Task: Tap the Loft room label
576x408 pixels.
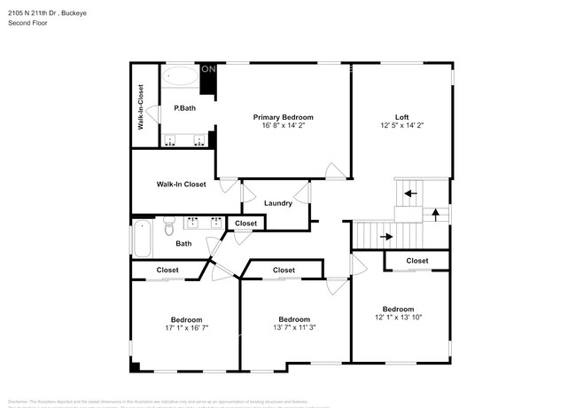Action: (402, 117)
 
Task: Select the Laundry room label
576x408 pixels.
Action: (277, 203)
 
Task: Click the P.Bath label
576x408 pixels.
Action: (184, 108)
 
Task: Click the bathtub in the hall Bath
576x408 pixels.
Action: (142, 237)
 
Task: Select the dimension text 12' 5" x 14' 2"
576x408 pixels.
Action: (402, 126)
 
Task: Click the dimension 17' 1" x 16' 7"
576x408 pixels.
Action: (186, 328)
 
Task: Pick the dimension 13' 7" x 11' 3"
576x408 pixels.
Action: (294, 328)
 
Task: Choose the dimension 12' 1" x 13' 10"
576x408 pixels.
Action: (398, 317)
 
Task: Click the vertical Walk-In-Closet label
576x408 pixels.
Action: (142, 106)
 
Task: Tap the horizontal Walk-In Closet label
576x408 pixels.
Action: (181, 184)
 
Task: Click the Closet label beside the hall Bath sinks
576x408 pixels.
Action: (246, 224)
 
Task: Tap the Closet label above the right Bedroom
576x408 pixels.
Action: (417, 261)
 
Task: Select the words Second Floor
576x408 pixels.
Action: (27, 22)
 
